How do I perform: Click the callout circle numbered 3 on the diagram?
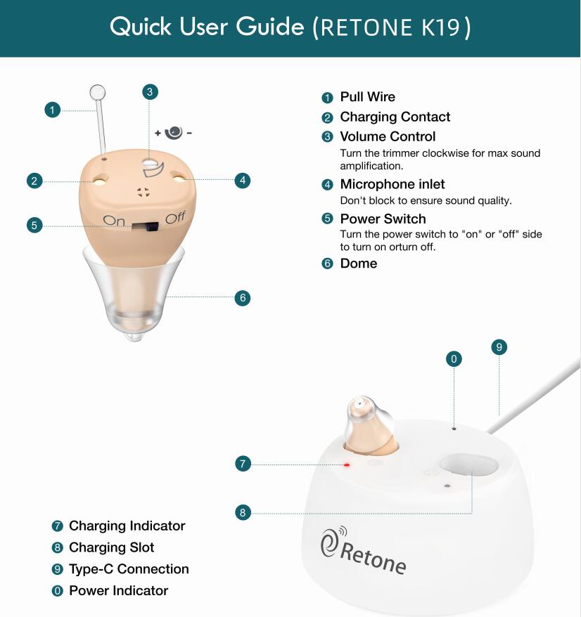(150, 92)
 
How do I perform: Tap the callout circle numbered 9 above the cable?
(499, 347)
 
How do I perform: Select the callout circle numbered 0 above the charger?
(454, 359)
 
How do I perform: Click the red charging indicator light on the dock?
(347, 465)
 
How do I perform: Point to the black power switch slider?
(145, 226)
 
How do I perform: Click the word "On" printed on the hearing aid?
(113, 220)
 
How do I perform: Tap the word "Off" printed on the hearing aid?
(175, 217)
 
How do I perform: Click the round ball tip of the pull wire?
(98, 93)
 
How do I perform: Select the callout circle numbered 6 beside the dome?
(243, 298)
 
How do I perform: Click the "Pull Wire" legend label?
(367, 97)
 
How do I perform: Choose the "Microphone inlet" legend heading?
(392, 184)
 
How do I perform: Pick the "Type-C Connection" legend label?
(129, 569)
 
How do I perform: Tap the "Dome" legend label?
(359, 264)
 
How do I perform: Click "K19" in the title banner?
(440, 27)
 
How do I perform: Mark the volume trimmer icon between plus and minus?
(173, 133)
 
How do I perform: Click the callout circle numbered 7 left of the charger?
(243, 464)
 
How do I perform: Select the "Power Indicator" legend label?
(119, 590)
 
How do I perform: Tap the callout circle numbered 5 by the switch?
(34, 225)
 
